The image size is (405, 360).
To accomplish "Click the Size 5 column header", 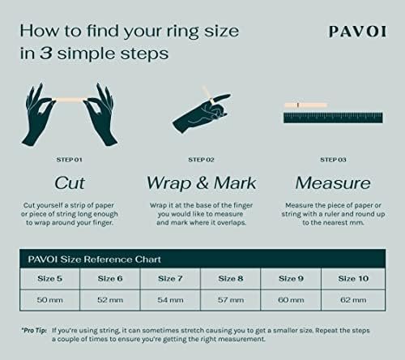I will [x=51, y=279].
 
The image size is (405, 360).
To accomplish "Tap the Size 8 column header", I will [x=232, y=279].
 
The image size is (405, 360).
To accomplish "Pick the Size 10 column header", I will [x=354, y=279].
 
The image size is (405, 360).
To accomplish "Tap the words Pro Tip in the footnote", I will [x=34, y=331].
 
